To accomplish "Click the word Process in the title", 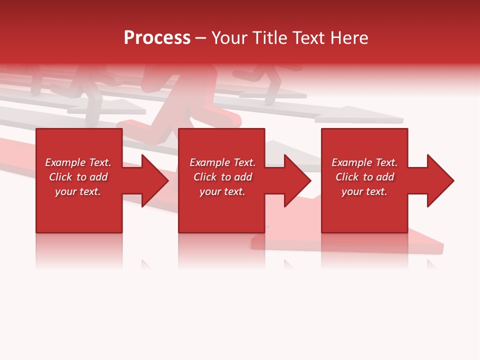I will [157, 38].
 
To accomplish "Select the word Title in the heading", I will [270, 38].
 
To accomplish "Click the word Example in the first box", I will [65, 162].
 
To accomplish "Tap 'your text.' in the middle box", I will [222, 191].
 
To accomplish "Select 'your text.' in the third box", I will [364, 191].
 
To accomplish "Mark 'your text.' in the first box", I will [78, 191].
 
